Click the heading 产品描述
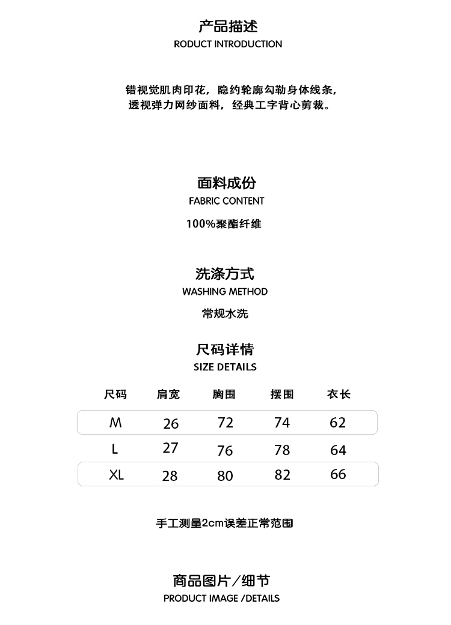pos(228,26)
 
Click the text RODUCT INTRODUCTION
pos(228,44)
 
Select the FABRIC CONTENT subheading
pos(226,201)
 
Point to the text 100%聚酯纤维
pos(224,224)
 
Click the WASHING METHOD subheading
pos(225,292)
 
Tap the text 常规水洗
pos(225,313)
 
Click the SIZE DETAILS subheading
pos(225,367)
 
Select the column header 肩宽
pos(168,394)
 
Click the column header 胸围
pos(224,394)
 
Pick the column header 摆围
pos(282,394)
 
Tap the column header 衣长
pos(339,394)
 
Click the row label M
pos(115,423)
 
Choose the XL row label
pos(116,475)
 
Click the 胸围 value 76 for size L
pos(225,451)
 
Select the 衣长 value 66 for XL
pos(339,474)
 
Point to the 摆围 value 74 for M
pos(282,423)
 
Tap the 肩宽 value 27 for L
pos(171,448)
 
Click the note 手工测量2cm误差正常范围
pos(224,523)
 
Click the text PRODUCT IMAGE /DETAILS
pos(221,599)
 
